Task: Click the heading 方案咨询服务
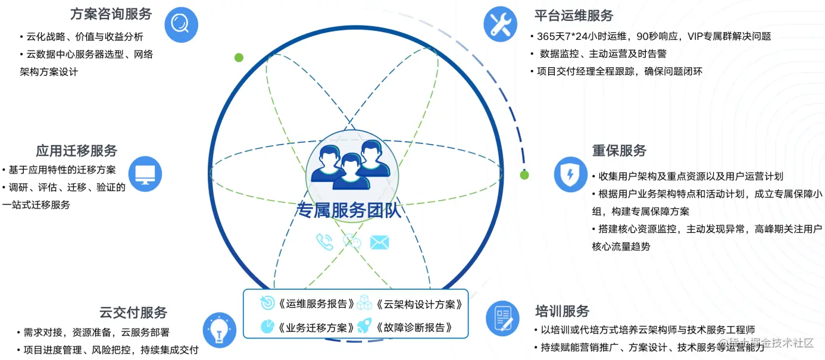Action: click(x=111, y=14)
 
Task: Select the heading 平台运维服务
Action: click(x=573, y=15)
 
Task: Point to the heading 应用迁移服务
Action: click(x=76, y=150)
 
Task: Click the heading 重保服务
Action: click(x=619, y=151)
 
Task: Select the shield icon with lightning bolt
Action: click(x=571, y=174)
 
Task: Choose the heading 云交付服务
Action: click(x=133, y=312)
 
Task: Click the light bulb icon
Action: click(x=220, y=328)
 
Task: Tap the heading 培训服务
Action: click(x=562, y=311)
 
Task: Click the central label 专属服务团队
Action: click(x=349, y=211)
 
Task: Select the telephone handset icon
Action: click(x=324, y=242)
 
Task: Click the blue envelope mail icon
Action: click(x=379, y=242)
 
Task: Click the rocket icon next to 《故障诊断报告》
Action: click(x=364, y=327)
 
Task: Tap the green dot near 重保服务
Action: click(x=524, y=175)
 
